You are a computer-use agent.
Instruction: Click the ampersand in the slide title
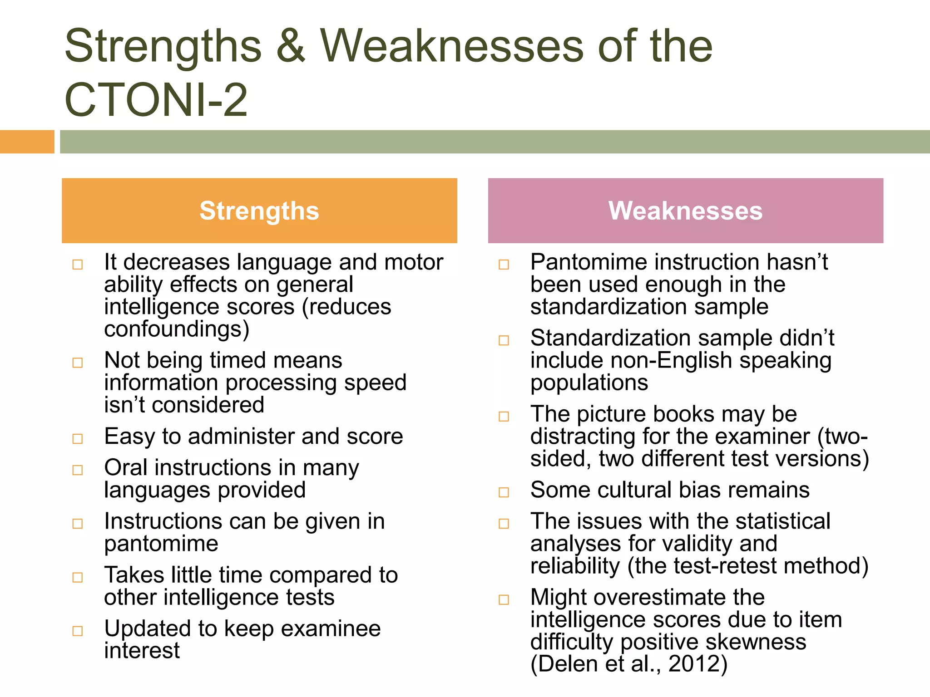coord(291,46)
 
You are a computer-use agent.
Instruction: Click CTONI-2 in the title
coord(156,100)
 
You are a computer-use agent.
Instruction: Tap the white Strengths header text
coord(259,211)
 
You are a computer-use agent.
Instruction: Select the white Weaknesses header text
coord(685,211)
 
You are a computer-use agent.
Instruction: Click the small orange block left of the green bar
coord(27,142)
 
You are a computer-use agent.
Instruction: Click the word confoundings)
coord(177,329)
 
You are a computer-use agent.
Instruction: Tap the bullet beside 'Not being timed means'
coord(78,363)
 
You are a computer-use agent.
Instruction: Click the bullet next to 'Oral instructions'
coord(78,470)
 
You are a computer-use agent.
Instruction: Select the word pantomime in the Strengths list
coord(161,544)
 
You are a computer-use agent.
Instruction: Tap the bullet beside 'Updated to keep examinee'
coord(78,631)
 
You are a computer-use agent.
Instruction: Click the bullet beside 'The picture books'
coord(504,417)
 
